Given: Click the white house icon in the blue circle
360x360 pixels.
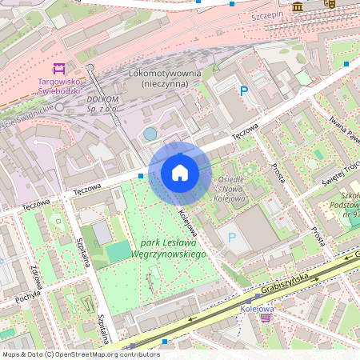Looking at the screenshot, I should pyautogui.click(x=180, y=173).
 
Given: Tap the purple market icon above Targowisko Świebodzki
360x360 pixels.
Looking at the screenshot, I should pyautogui.click(x=57, y=69).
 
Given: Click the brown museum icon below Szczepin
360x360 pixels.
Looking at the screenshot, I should pyautogui.click(x=298, y=6).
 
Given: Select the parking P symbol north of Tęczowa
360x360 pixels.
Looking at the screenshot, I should pyautogui.click(x=243, y=92).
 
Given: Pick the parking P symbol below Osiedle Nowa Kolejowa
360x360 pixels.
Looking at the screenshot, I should pyautogui.click(x=232, y=237).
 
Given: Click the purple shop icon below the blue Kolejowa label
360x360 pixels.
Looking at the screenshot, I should pyautogui.click(x=266, y=318).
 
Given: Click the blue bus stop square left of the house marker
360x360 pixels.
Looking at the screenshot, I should pyautogui.click(x=141, y=175).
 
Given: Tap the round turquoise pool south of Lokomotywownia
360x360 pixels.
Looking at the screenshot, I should pyautogui.click(x=150, y=134).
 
